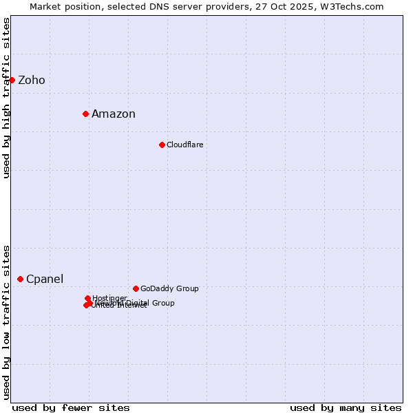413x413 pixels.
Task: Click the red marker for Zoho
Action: (x=12, y=80)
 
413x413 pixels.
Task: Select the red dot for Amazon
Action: (x=85, y=114)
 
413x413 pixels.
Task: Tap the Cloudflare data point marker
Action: (x=162, y=145)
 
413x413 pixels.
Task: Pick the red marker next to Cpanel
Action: (x=20, y=279)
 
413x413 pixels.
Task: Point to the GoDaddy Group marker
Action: (x=136, y=288)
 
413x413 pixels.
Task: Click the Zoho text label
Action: (x=32, y=81)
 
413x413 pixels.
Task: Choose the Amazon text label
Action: (x=114, y=114)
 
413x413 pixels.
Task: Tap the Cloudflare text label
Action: (x=184, y=145)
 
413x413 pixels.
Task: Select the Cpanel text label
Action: (x=45, y=279)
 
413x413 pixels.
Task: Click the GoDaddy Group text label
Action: (x=169, y=289)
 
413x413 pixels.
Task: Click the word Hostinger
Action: (x=109, y=298)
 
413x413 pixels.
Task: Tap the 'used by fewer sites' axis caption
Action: (x=71, y=407)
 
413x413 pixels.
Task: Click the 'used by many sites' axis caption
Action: (x=346, y=407)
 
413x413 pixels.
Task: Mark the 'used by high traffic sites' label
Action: (x=6, y=98)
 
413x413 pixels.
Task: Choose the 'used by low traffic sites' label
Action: (x=6, y=322)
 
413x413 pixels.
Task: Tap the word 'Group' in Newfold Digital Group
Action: (x=163, y=303)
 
